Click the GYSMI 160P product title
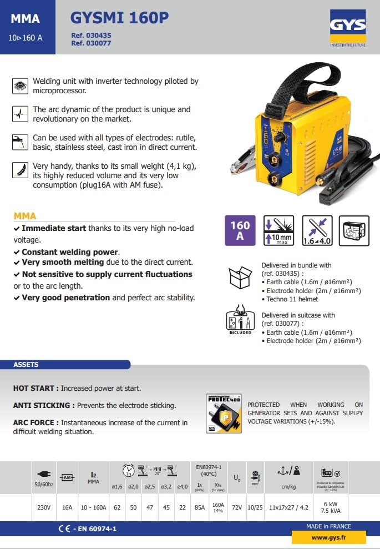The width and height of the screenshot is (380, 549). [119, 18]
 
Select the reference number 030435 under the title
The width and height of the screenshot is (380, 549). [91, 35]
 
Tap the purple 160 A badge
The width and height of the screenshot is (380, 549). [240, 230]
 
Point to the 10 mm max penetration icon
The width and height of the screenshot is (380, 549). [278, 230]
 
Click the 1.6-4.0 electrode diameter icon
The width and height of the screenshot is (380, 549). [317, 230]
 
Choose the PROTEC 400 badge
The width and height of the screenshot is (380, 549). [224, 414]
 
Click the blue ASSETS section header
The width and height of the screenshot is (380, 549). [26, 365]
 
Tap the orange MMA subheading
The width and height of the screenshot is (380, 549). [25, 216]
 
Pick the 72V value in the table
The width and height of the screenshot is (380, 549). [237, 507]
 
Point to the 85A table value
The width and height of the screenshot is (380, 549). [200, 507]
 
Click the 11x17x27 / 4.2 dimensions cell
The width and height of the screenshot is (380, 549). [288, 507]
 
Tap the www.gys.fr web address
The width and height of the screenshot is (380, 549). [328, 537]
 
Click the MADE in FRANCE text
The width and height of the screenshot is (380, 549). [328, 526]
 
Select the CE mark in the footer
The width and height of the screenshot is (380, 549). [64, 529]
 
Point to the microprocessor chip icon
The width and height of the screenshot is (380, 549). [20, 86]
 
